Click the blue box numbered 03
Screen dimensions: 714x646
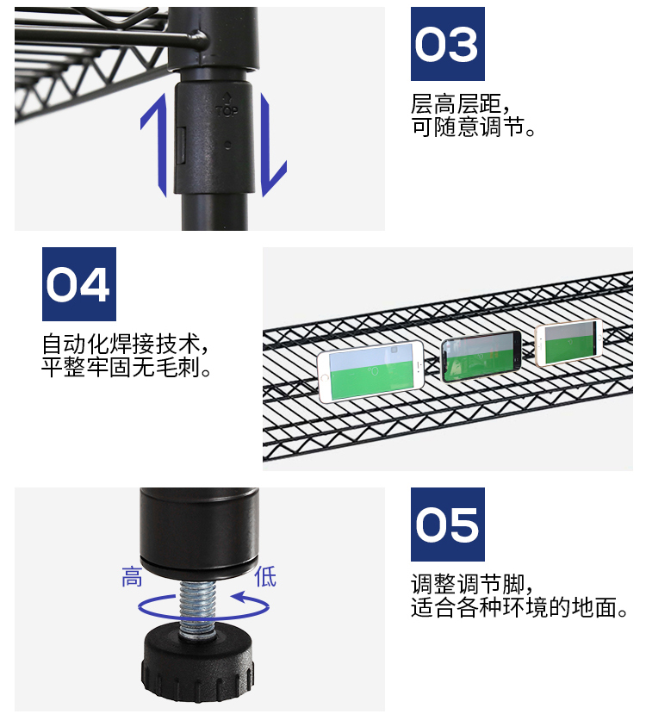(447, 44)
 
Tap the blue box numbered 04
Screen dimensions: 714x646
(78, 284)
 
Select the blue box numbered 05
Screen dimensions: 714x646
(447, 525)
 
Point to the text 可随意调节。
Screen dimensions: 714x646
(475, 129)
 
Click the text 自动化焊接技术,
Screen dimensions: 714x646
(127, 345)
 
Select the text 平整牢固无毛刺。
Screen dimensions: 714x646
(127, 369)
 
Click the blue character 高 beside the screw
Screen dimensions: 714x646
(132, 577)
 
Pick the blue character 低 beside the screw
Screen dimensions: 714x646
(264, 577)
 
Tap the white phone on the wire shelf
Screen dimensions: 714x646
(371, 371)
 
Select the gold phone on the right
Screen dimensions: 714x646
(568, 342)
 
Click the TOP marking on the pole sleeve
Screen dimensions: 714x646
(226, 110)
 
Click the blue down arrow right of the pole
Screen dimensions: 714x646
(274, 146)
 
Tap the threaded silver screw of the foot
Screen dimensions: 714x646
(199, 603)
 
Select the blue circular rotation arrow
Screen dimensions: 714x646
(203, 606)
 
